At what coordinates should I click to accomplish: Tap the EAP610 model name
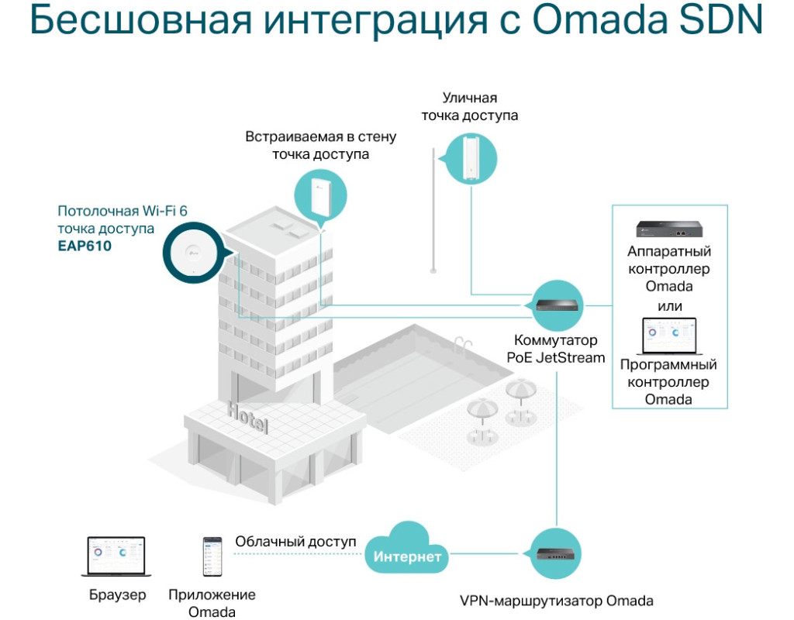85,246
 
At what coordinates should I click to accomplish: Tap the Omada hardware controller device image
669,229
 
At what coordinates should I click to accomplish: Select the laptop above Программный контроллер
669,335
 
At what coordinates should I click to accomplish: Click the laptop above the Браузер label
113,556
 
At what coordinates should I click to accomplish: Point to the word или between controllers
669,306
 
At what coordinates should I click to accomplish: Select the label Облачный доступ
295,541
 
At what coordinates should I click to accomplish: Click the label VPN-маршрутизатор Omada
557,601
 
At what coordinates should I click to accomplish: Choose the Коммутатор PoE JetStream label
556,348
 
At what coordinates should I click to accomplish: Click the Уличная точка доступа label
469,107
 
